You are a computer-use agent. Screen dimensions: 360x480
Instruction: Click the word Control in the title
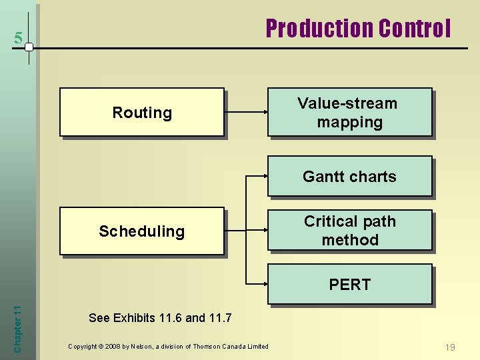tap(414, 29)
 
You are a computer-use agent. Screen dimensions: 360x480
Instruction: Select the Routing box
tap(141, 112)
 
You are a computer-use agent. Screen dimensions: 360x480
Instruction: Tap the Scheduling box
tap(141, 231)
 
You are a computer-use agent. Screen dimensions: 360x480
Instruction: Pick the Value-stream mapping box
tap(349, 112)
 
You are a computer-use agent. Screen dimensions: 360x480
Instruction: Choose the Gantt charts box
tap(349, 176)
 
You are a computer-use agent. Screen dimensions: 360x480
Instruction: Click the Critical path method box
tap(349, 231)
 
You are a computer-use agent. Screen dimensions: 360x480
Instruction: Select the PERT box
tap(349, 285)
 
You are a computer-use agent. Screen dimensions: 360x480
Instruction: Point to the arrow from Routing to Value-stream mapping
tap(245, 112)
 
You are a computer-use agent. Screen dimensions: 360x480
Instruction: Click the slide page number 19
tap(450, 347)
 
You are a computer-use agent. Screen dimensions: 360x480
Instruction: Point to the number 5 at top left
tap(18, 39)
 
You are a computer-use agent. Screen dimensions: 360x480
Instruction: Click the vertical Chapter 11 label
tap(18, 325)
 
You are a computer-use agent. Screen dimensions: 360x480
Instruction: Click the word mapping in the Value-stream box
tap(349, 122)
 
